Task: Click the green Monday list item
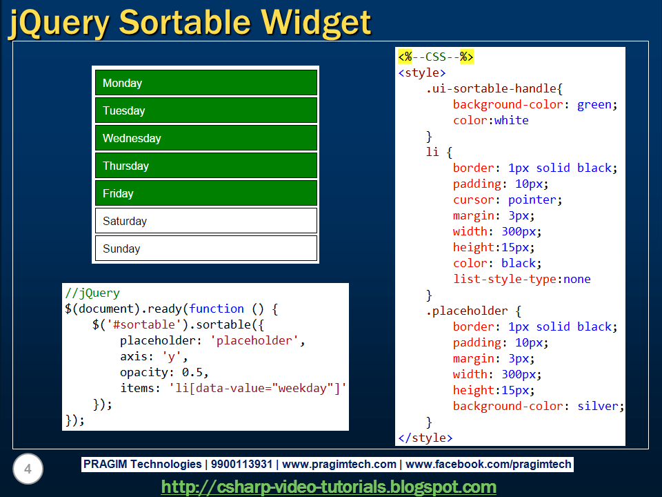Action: pos(206,82)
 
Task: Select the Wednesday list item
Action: pos(206,138)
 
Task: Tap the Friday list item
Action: pos(206,193)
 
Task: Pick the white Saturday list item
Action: pos(206,221)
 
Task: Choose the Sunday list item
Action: pos(206,248)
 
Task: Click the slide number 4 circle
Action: pos(28,469)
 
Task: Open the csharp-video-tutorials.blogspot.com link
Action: pos(329,487)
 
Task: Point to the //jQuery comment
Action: pos(92,293)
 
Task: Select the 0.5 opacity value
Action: pos(192,372)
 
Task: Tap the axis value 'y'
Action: pos(171,357)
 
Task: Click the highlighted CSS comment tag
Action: pos(436,57)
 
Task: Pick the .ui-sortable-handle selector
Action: pos(491,89)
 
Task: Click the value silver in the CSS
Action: pos(598,406)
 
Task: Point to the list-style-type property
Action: pos(505,279)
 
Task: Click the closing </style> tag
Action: pos(425,438)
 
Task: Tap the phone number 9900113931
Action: pos(241,465)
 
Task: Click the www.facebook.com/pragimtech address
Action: pos(488,465)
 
